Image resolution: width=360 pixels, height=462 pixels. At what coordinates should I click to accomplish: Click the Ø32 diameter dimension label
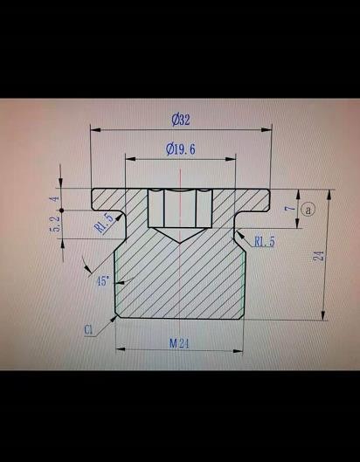pyautogui.click(x=181, y=120)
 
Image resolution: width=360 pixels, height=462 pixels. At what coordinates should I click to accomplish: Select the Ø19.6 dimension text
pyautogui.click(x=181, y=149)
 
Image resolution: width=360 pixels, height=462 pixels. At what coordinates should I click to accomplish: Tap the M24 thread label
pyautogui.click(x=179, y=343)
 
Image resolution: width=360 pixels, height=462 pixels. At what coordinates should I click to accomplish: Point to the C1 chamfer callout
pyautogui.click(x=88, y=330)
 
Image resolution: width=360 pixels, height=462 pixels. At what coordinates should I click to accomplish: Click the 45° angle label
pyautogui.click(x=103, y=281)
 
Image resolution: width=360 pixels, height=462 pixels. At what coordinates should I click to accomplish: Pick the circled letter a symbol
pyautogui.click(x=308, y=210)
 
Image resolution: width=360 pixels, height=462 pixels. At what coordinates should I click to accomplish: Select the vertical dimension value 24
pyautogui.click(x=320, y=256)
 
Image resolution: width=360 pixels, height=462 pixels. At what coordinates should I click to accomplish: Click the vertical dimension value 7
pyautogui.click(x=290, y=209)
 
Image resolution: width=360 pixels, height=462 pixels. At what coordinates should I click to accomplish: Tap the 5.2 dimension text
pyautogui.click(x=56, y=224)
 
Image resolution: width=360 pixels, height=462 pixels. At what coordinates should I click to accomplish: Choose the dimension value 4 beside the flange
pyautogui.click(x=55, y=199)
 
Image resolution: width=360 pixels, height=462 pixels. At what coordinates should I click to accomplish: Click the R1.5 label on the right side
pyautogui.click(x=265, y=242)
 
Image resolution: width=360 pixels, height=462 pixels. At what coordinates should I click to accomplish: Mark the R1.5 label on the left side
pyautogui.click(x=103, y=223)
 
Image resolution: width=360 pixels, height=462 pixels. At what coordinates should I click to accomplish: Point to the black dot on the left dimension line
pyautogui.click(x=61, y=210)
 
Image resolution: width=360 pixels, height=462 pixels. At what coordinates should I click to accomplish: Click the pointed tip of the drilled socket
pyautogui.click(x=179, y=243)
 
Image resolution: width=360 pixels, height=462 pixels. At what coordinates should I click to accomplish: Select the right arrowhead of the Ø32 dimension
pyautogui.click(x=266, y=129)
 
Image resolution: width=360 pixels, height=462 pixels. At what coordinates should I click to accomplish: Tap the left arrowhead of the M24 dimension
pyautogui.click(x=121, y=349)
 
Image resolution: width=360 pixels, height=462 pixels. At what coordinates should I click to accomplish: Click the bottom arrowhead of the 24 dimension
pyautogui.click(x=324, y=315)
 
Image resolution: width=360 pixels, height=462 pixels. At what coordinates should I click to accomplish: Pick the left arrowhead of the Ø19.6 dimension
pyautogui.click(x=130, y=159)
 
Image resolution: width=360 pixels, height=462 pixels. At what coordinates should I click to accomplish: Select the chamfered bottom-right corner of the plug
pyautogui.click(x=242, y=316)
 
